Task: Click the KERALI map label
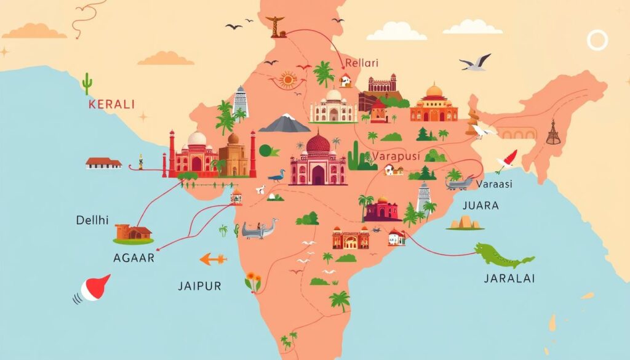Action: coord(111,104)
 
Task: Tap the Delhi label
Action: coord(93,220)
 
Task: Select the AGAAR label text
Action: coord(134,258)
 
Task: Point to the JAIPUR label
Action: coord(199,286)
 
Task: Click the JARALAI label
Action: coord(510,278)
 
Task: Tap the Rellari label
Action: coord(362,63)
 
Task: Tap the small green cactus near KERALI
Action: coord(87,83)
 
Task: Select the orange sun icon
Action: coord(287,80)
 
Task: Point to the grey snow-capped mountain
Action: coord(284,123)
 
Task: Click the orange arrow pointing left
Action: coord(213,259)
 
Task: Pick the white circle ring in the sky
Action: coord(597,41)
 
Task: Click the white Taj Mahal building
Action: coord(333,107)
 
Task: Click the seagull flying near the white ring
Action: coord(476,63)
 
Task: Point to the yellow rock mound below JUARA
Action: coord(465,222)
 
